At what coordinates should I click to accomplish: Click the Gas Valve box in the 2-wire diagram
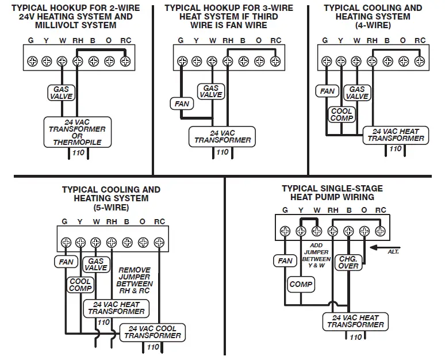(62, 93)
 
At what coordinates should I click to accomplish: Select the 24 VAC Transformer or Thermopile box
(78, 132)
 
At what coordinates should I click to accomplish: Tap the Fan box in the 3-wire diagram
(182, 104)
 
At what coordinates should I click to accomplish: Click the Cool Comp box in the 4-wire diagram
(342, 114)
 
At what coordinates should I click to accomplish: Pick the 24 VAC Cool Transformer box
(152, 332)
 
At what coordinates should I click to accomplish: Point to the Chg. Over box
(348, 262)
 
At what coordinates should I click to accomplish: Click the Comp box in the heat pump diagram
(301, 284)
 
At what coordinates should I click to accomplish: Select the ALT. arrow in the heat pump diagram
(385, 247)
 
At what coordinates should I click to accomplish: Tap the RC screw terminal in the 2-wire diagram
(125, 61)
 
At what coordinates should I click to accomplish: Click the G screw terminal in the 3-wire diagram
(182, 61)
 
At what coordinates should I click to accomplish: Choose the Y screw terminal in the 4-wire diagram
(341, 61)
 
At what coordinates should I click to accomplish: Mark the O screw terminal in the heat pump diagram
(365, 231)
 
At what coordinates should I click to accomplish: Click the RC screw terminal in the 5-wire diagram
(159, 243)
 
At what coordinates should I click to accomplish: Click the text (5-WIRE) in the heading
(112, 208)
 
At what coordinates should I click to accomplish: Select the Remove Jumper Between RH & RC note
(135, 280)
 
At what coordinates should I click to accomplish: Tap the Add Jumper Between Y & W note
(316, 255)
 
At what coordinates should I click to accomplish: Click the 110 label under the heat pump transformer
(356, 337)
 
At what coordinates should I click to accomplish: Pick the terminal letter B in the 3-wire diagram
(243, 41)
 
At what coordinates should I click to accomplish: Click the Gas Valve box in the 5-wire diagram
(96, 265)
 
